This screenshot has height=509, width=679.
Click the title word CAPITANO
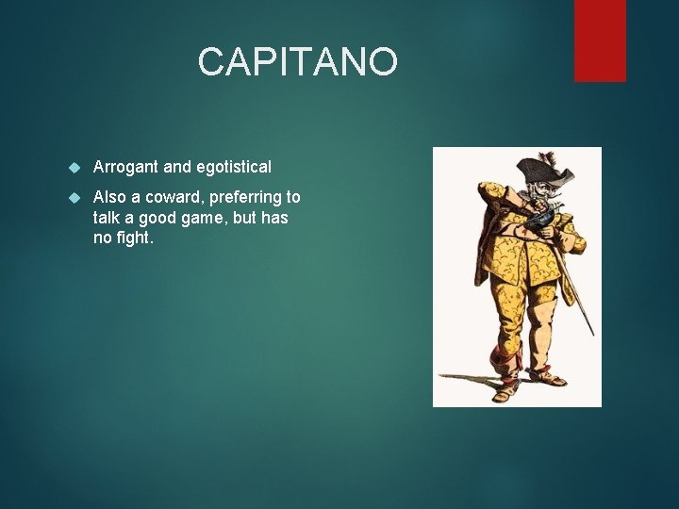point(298,62)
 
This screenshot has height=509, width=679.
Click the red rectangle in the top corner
point(600,40)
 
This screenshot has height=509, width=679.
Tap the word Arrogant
point(125,167)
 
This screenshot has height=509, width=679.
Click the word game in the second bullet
point(213,218)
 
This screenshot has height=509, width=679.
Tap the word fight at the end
point(135,238)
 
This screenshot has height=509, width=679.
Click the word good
point(162,218)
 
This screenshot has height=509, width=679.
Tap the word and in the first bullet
point(176,167)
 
